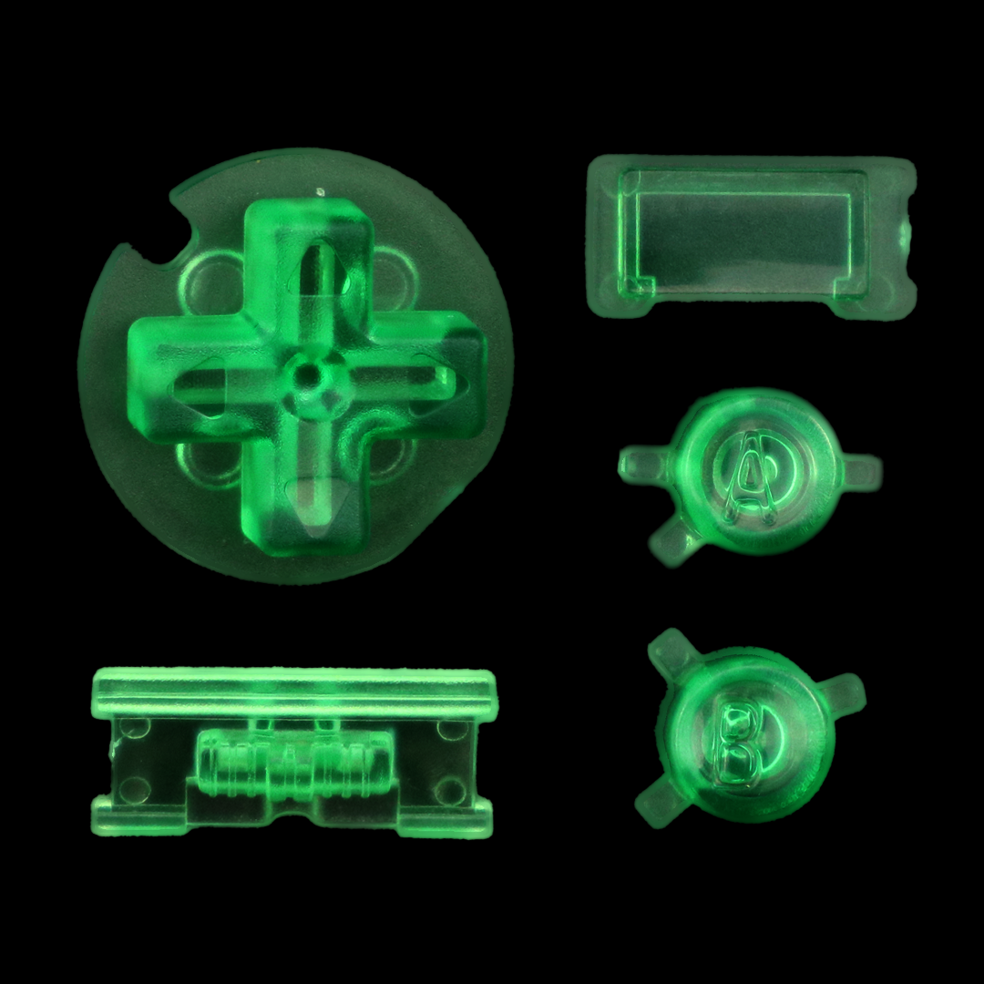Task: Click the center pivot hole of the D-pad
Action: point(307,376)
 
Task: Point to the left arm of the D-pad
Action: point(189,379)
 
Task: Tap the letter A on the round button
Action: point(748,474)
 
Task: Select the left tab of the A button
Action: point(645,465)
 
